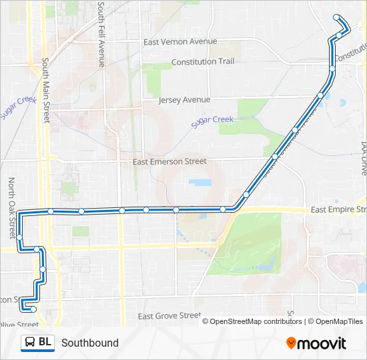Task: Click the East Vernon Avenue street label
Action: click(x=180, y=41)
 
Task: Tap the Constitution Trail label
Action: click(x=203, y=61)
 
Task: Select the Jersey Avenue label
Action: click(x=184, y=100)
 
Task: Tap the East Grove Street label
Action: click(x=169, y=315)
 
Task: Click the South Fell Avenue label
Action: click(x=101, y=33)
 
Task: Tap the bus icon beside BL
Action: click(x=30, y=343)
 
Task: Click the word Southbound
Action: click(x=90, y=343)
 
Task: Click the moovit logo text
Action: click(x=322, y=343)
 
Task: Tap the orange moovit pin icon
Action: click(x=291, y=343)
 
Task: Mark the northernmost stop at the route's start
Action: click(x=336, y=18)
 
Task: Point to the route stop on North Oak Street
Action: click(x=20, y=237)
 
